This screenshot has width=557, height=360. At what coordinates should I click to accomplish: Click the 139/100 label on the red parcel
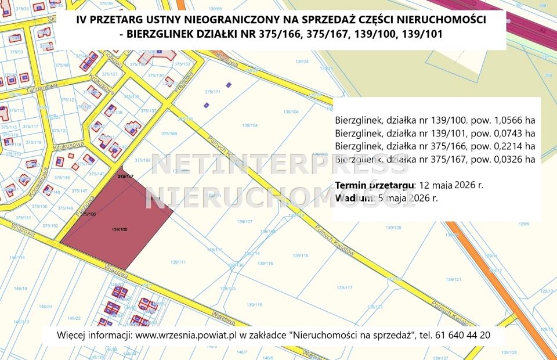119,230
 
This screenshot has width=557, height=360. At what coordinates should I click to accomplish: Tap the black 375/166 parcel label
88,214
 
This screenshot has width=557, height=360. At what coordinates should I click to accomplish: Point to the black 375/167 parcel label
125,175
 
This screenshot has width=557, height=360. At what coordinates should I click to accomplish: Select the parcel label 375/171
213,92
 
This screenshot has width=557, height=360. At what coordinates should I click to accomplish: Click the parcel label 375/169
169,134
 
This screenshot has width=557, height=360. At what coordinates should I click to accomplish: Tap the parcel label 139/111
178,262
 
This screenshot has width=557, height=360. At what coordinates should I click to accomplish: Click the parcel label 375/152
50,225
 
